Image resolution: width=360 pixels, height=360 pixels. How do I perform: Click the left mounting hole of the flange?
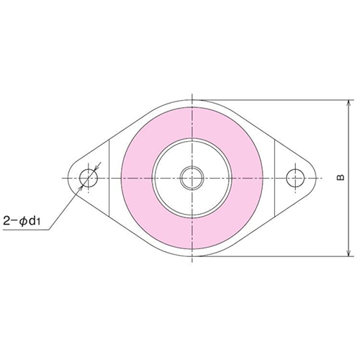tap(89, 177)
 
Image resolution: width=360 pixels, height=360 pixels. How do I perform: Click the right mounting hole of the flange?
tap(294, 177)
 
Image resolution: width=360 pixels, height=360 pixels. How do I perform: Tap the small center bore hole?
tap(192, 177)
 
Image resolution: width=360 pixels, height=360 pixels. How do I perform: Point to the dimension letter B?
tap(338, 176)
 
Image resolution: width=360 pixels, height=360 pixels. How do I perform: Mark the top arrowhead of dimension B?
tap(348, 104)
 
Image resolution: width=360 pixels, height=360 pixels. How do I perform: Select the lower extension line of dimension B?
tap(274, 256)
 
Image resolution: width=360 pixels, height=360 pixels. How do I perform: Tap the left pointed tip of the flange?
tap(72, 177)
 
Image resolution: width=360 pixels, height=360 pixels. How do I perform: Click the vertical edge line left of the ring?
tap(109, 177)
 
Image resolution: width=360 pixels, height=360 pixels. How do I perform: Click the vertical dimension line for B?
tap(348, 144)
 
